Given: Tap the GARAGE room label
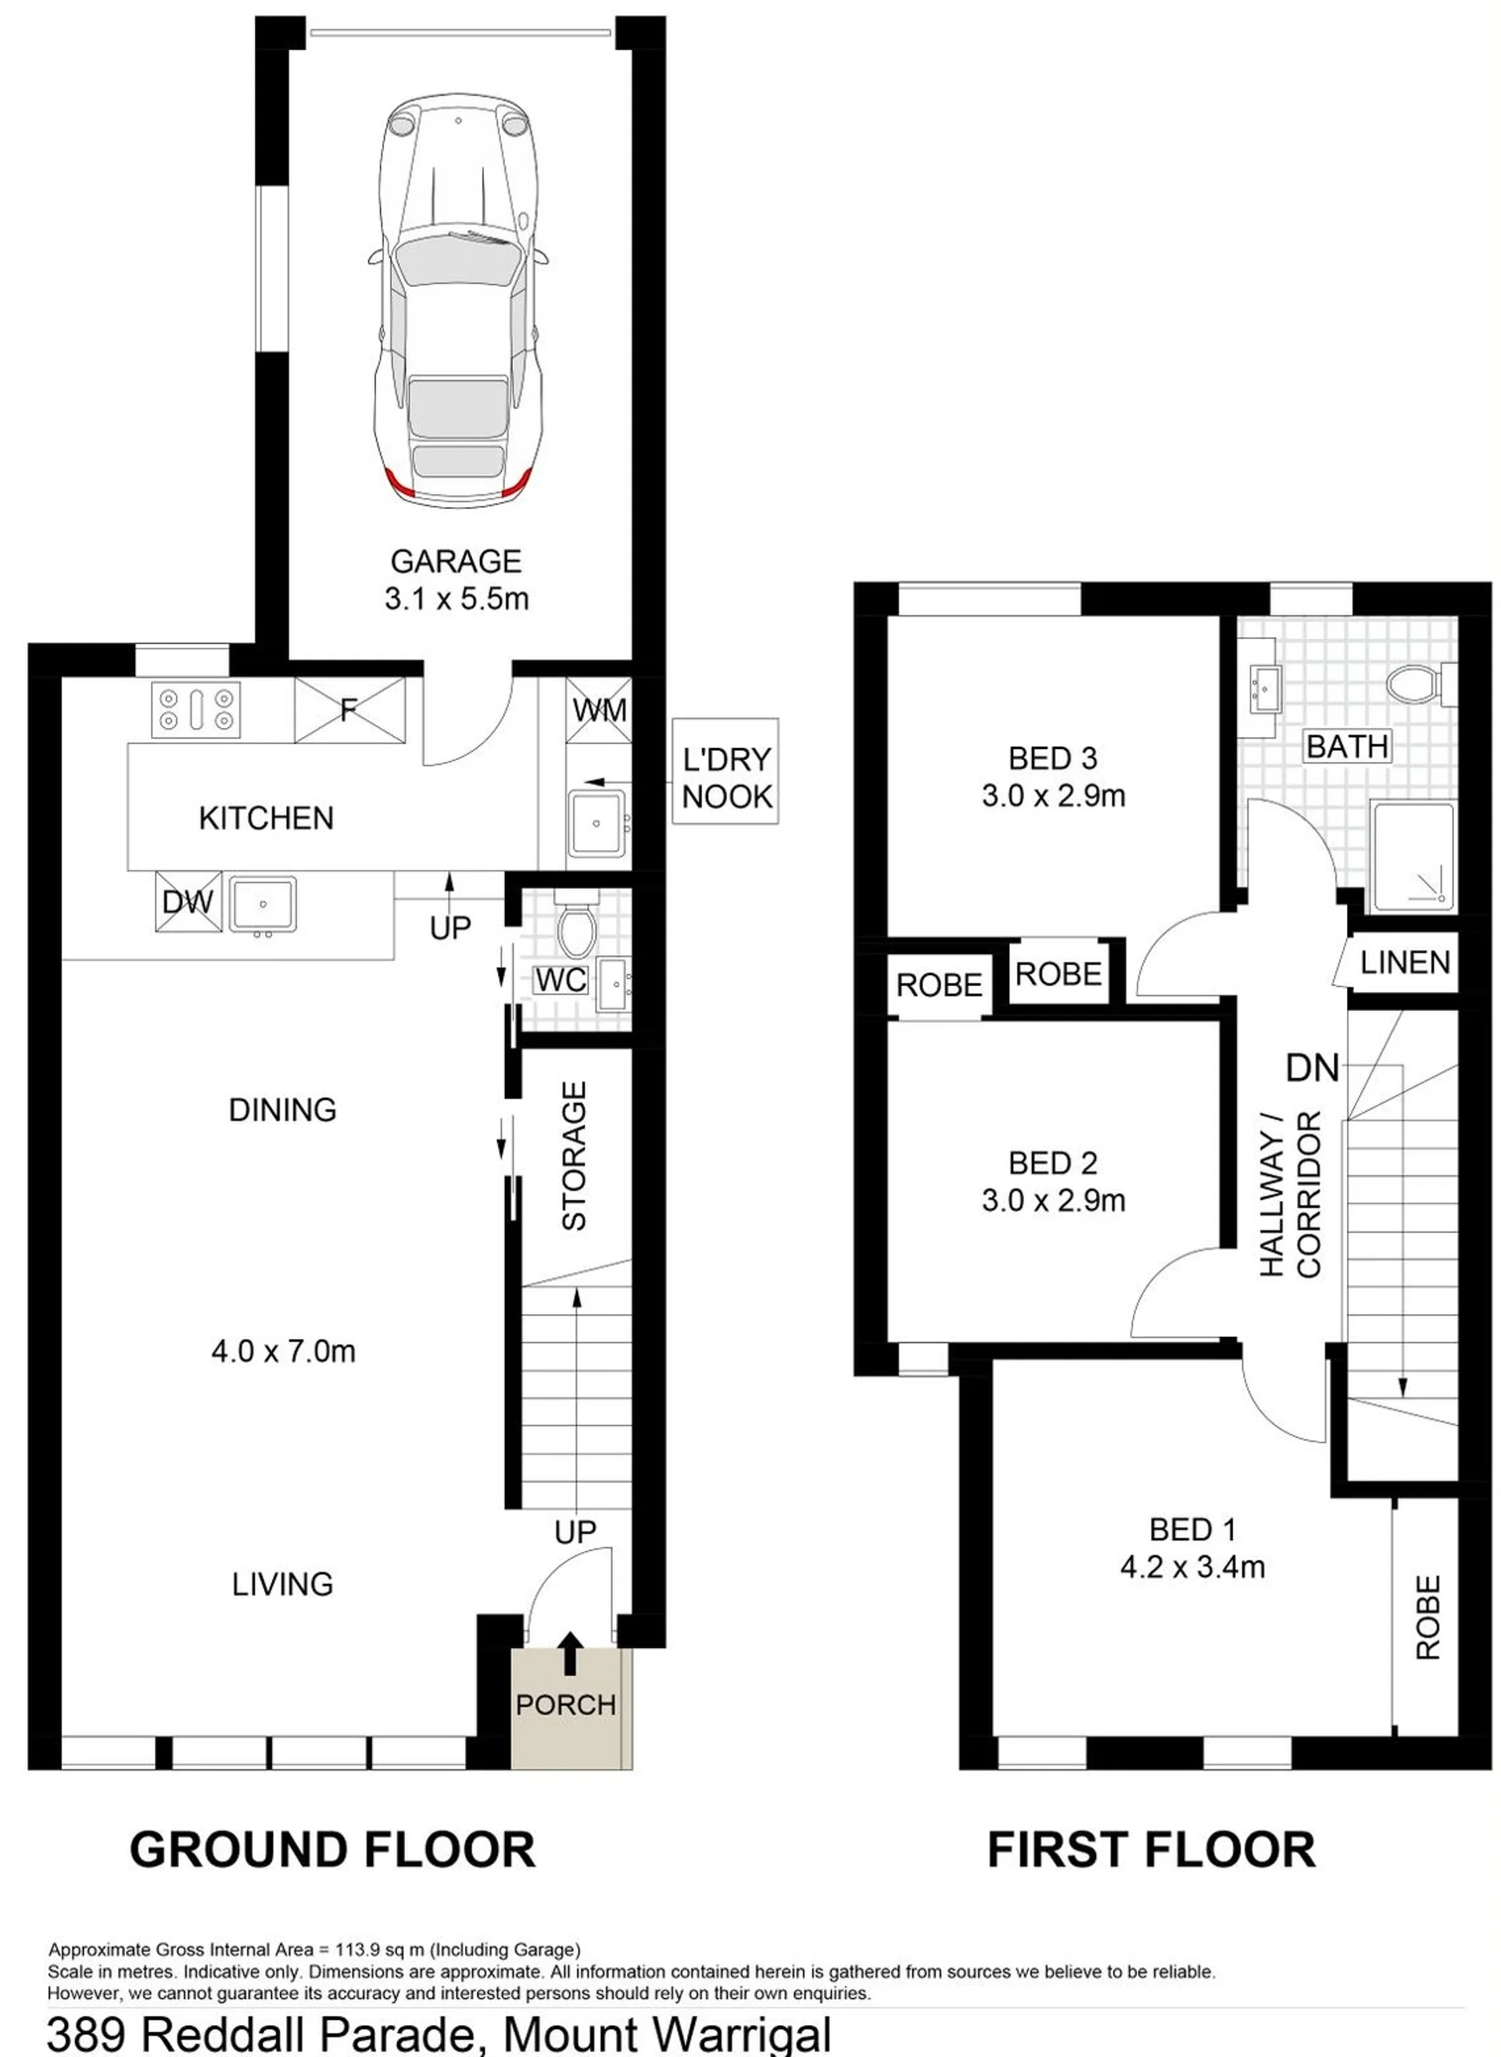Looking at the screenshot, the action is tap(456, 561).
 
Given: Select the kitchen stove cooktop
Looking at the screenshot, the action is tap(196, 710).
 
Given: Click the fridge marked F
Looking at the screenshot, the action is tap(349, 710).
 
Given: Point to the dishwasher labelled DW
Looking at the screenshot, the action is tap(188, 901).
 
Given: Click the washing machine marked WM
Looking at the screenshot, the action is tap(599, 710).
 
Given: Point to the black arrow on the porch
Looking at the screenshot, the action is tap(570, 1653).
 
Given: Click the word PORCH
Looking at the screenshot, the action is tap(566, 1704).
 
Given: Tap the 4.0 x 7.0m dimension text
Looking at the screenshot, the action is tap(284, 1351).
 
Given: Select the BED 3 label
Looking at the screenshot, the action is tap(1053, 758).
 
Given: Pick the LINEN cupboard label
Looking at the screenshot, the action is tap(1405, 962).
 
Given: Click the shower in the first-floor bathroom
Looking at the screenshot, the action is tap(1413, 857).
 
